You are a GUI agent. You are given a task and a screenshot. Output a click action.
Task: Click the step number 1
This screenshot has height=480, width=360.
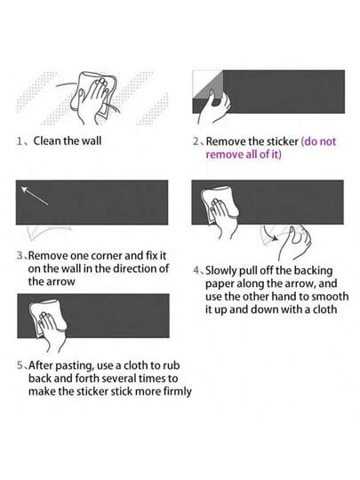point(20,141)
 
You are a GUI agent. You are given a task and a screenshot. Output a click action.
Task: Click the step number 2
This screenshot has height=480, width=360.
point(196,141)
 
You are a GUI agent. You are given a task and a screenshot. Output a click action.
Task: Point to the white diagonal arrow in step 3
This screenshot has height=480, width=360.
point(35,196)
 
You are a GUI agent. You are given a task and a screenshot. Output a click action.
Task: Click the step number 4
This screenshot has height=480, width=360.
point(196,270)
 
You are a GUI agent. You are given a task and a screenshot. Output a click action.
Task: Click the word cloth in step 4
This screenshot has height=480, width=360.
point(324,309)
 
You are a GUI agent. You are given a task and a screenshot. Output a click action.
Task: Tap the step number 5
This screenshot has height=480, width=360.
point(20,365)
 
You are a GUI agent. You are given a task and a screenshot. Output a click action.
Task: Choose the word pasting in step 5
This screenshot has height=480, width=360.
point(75,366)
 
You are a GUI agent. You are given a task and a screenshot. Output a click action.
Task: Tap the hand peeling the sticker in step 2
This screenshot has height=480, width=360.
point(213,108)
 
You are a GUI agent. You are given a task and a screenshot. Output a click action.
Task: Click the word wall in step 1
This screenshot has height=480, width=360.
point(92,141)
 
